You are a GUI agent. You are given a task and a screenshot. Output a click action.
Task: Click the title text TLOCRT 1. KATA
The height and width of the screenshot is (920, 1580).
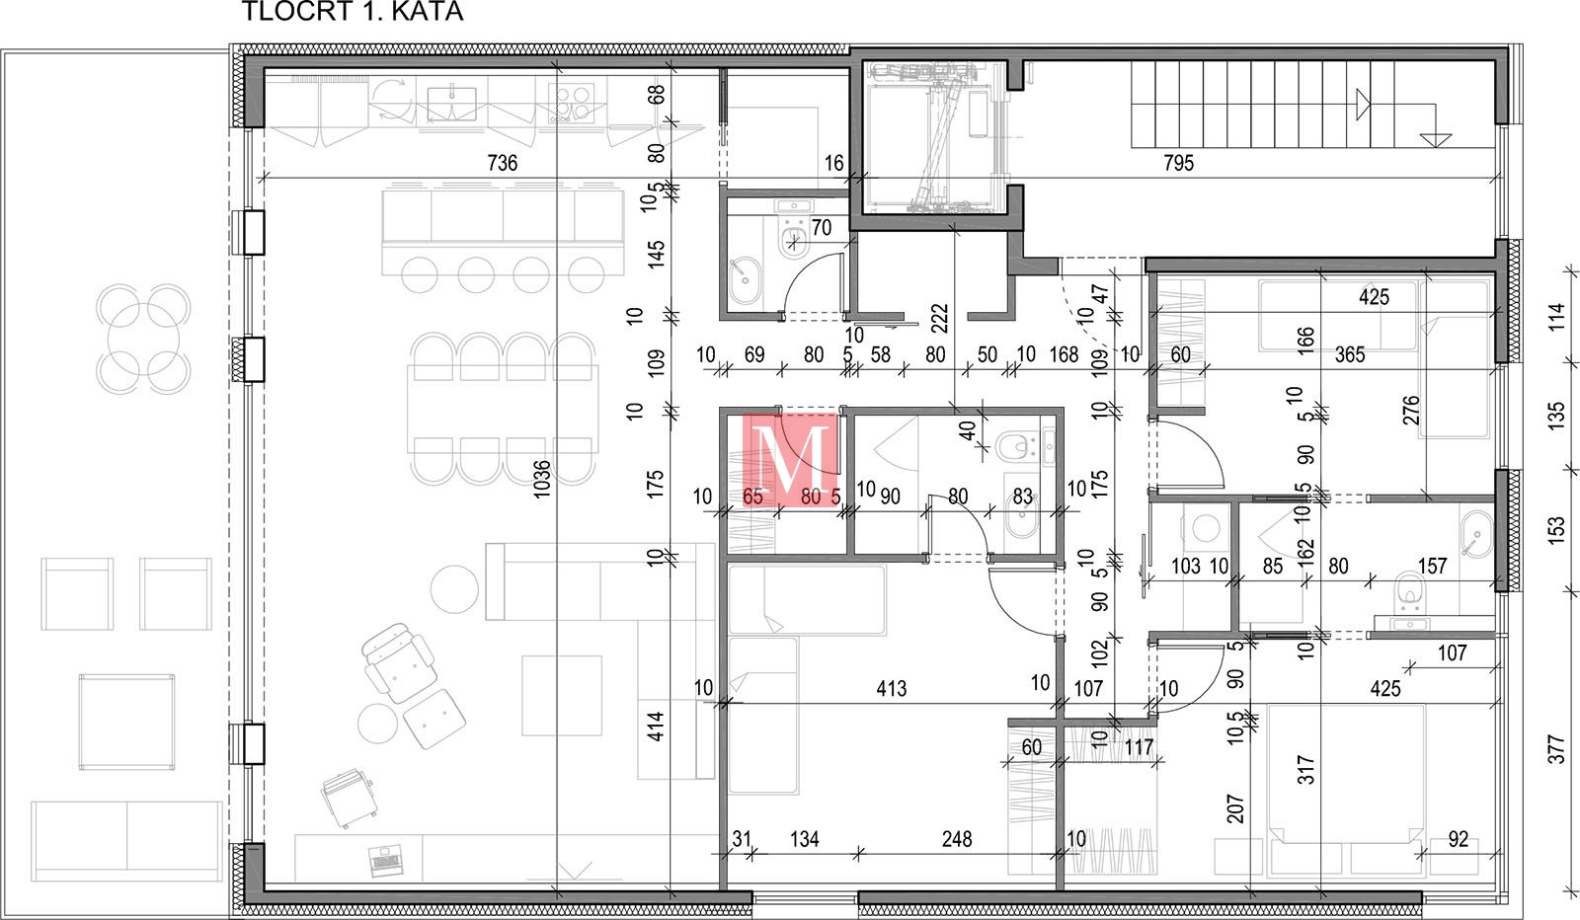(353, 11)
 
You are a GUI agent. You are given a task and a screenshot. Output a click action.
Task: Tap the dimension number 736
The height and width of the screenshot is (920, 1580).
(503, 163)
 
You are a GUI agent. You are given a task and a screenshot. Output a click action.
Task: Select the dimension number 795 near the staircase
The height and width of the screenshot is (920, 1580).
(1179, 163)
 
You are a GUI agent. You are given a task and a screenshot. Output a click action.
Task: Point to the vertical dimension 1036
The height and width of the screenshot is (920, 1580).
(542, 480)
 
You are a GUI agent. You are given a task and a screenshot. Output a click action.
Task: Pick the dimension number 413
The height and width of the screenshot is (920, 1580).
(892, 688)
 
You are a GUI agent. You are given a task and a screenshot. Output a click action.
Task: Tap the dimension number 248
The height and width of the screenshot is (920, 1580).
(957, 839)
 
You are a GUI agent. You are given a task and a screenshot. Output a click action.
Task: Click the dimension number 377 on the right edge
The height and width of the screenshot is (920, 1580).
(1556, 749)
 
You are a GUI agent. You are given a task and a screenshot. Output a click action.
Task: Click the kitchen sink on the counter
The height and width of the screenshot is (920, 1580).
(451, 105)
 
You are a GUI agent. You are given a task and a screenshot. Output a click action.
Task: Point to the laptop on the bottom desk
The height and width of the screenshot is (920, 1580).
(384, 860)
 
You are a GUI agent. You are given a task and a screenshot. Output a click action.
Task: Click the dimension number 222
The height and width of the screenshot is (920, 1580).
(939, 319)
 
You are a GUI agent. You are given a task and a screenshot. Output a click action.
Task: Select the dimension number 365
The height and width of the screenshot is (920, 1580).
(1349, 354)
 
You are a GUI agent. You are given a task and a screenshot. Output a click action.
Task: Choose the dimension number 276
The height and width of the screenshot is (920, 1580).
(1410, 411)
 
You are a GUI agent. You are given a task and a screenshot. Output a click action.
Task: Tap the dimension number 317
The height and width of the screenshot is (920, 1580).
(1305, 770)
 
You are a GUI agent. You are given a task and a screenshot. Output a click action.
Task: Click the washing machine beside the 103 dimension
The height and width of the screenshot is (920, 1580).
(1206, 528)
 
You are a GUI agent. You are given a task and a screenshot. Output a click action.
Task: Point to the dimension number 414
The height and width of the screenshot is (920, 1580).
(656, 727)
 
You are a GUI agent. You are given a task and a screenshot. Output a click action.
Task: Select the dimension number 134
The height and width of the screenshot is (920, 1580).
(804, 839)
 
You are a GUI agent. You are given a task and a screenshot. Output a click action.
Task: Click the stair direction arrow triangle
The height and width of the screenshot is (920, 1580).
(1363, 105)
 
